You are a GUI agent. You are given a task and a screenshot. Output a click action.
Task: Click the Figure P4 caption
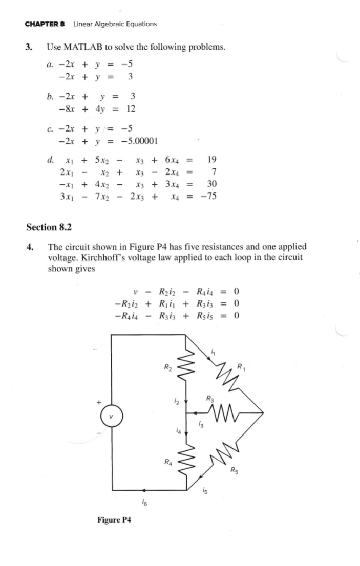(x=114, y=520)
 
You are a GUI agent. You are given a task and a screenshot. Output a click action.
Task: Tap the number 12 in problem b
(x=130, y=108)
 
